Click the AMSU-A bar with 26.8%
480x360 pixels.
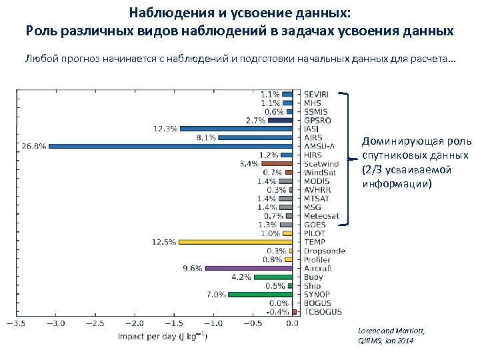(170, 145)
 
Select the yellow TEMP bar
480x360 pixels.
(235, 242)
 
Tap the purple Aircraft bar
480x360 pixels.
(249, 268)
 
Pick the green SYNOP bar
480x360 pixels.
(260, 294)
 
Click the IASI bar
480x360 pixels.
(236, 128)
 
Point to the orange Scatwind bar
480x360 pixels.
(277, 163)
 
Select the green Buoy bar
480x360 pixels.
(273, 277)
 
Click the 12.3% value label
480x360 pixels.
(165, 128)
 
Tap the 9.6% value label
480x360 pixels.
(192, 268)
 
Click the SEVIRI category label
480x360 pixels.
(317, 94)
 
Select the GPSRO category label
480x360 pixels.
(317, 120)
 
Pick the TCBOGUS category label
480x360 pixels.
(323, 311)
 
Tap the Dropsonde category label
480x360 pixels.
(323, 251)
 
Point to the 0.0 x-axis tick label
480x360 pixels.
(291, 324)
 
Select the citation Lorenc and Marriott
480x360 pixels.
(391, 331)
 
